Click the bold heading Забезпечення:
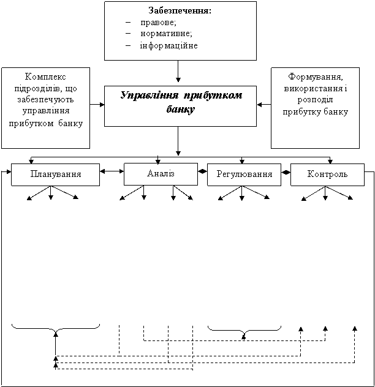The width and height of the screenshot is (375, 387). coord(180,10)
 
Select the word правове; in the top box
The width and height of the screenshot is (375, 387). coord(158,23)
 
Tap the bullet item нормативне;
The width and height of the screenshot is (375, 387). coord(166,33)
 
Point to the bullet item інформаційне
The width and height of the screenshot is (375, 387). coord(169,46)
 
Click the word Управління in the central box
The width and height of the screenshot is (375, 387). coord(150,96)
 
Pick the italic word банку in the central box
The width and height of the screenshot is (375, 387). coord(181,109)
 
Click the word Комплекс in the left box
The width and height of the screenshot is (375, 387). coord(45,77)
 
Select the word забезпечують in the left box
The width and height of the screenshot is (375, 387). coord(45,99)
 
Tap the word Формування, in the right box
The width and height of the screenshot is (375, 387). coord(316,77)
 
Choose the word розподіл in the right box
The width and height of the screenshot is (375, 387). coord(315,100)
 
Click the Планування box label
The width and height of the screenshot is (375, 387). coord(56,174)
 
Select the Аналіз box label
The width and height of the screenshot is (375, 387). coord(161,173)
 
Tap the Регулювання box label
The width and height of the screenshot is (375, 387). coord(244,174)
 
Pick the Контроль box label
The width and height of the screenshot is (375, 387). coord(327,174)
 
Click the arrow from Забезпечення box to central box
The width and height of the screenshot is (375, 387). coord(178,71)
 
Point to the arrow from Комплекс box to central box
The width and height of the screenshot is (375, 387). coord(97,105)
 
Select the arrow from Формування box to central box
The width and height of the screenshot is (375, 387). coord(264,105)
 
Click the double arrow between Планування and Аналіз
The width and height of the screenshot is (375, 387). coord(112,171)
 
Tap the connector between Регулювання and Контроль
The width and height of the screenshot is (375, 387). coord(286,173)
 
